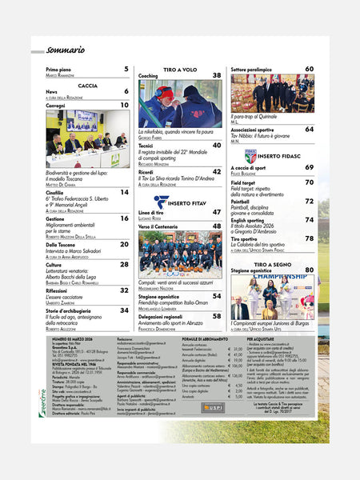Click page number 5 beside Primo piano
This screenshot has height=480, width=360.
126,70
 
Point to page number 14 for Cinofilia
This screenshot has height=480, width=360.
125,192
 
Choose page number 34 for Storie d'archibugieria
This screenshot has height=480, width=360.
125,310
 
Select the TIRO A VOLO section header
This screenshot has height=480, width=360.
179,70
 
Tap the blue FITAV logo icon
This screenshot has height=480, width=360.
161,202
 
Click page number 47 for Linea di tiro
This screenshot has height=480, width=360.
217,212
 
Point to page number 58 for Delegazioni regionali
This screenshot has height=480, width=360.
217,316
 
